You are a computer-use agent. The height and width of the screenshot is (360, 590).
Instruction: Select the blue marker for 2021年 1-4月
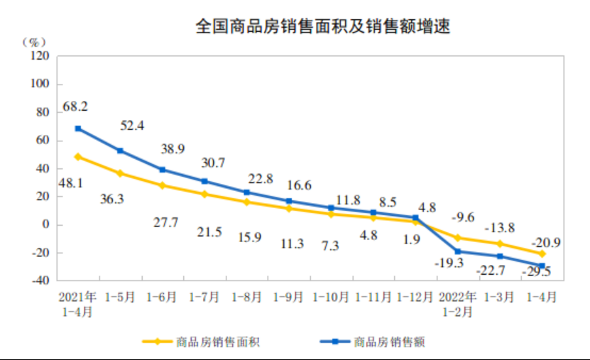point(78,129)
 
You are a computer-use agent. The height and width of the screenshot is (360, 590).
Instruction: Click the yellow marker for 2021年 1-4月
point(78,157)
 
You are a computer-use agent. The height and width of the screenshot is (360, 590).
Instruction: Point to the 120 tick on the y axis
point(40,55)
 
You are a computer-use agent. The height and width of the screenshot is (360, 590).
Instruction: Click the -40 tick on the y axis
point(40,281)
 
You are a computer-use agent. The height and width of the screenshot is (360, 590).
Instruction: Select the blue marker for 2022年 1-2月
point(458,251)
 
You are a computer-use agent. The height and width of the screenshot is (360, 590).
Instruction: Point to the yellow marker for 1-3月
point(500,244)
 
